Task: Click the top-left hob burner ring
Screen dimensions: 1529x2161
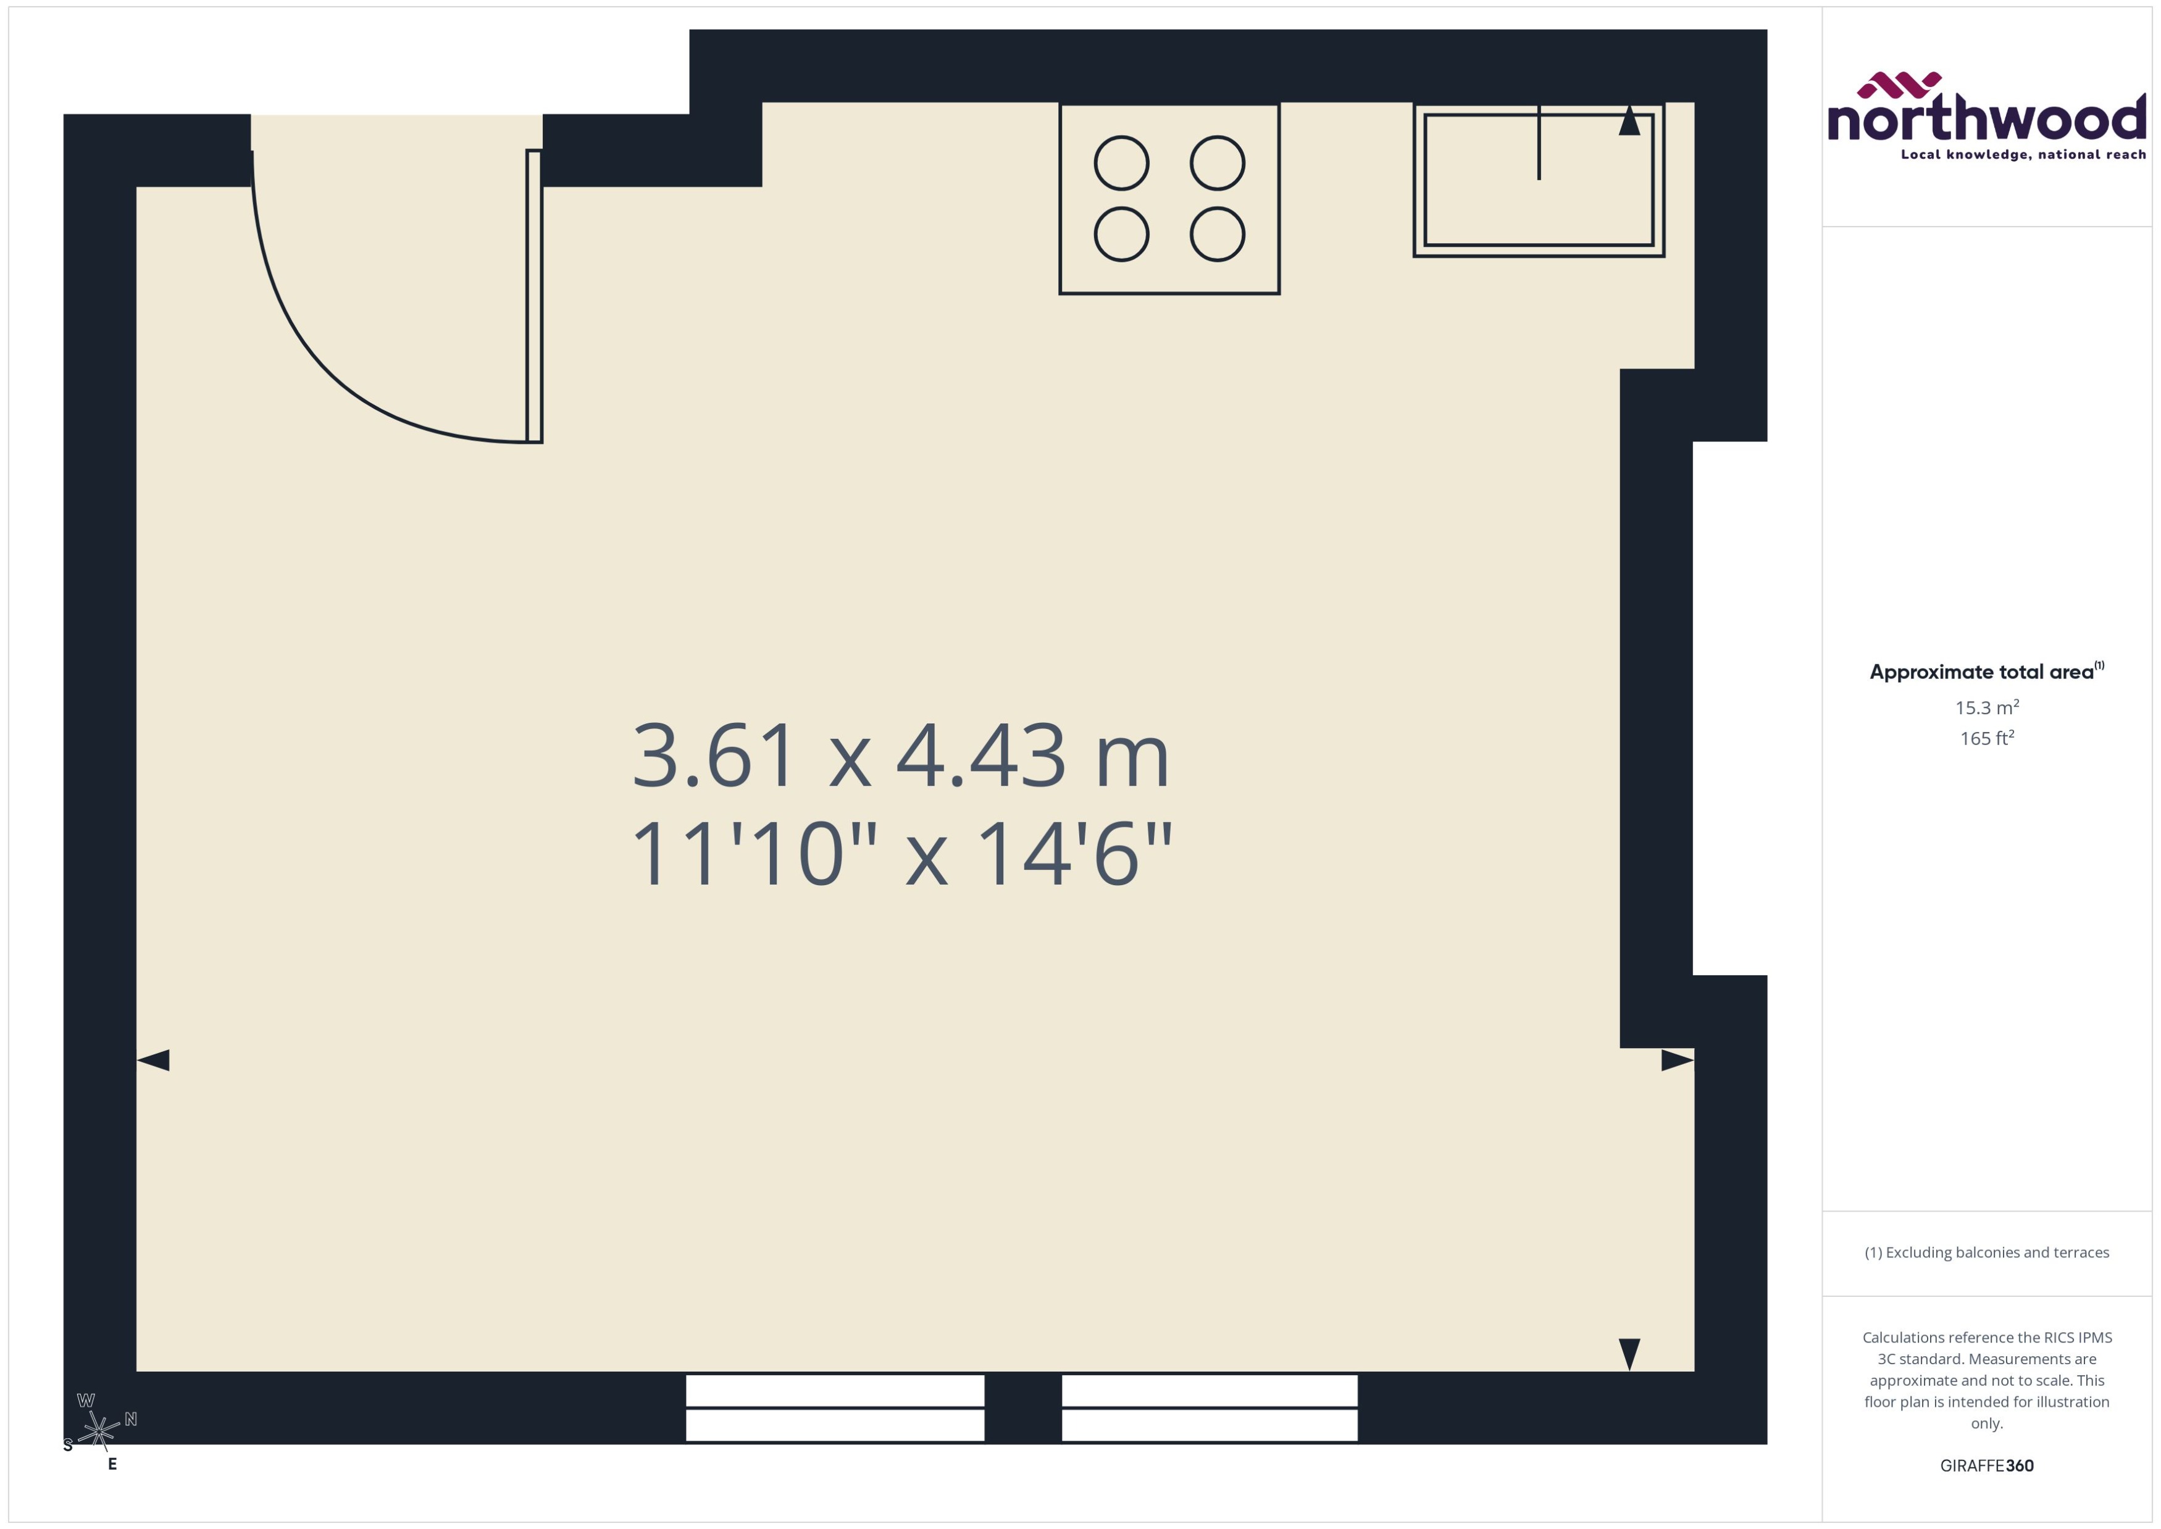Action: click(x=1121, y=163)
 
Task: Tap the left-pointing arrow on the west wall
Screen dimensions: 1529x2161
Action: click(x=154, y=1060)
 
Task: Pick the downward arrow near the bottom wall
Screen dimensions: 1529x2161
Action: click(x=1629, y=1354)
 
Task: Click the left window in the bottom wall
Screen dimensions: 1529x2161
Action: click(x=834, y=1407)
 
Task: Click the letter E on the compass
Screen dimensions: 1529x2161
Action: click(x=112, y=1464)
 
